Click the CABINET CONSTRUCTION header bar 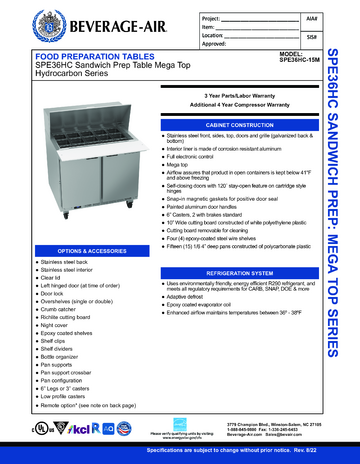click(x=231, y=124)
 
